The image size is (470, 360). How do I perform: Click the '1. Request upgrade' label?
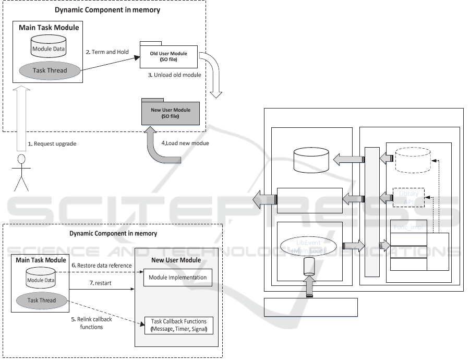[x=52, y=143]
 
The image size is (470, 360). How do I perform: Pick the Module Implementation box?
[x=178, y=277]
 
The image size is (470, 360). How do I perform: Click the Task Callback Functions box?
[x=178, y=325]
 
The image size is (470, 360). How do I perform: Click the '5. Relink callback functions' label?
[x=83, y=323]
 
